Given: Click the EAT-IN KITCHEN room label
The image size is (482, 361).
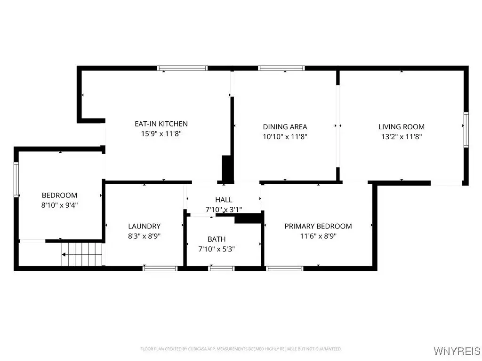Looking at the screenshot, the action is click(x=161, y=124).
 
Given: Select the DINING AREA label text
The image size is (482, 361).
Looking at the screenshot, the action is click(x=285, y=127).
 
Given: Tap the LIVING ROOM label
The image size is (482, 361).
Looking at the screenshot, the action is click(x=402, y=127).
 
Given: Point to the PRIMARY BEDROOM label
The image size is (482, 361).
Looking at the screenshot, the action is click(x=318, y=226).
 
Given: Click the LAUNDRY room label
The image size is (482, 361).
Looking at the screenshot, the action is click(x=144, y=226).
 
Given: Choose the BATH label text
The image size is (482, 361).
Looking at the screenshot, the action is click(x=217, y=239).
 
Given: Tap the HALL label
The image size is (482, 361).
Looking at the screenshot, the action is click(x=224, y=200).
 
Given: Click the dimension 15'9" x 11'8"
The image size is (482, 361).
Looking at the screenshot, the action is click(x=161, y=134).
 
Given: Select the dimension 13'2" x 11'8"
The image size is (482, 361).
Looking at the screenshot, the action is click(x=402, y=137).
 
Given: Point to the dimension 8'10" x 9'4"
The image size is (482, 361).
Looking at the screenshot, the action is click(x=60, y=205).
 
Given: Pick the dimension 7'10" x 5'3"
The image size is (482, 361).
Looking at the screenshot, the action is click(x=217, y=249).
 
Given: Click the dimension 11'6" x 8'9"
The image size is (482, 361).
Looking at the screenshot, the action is click(x=318, y=236).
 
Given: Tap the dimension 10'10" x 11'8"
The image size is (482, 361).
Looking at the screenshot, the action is click(x=285, y=137).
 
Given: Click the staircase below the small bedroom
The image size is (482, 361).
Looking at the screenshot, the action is click(x=82, y=254).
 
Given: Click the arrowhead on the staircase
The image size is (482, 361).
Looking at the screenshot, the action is click(x=64, y=254).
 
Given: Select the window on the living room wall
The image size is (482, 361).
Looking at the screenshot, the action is click(x=466, y=130).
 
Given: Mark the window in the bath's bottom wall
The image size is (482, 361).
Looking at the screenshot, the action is click(x=221, y=268).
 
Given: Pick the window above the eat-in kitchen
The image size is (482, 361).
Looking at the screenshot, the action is click(x=182, y=68).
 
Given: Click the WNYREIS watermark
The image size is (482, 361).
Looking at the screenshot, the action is click(x=457, y=351).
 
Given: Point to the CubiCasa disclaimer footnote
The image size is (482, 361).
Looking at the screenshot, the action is click(x=241, y=349).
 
